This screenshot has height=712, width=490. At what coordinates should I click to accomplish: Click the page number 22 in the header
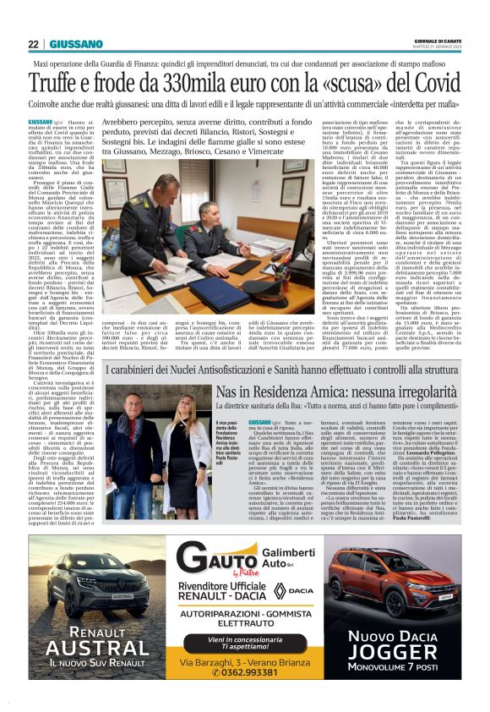[33, 45]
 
